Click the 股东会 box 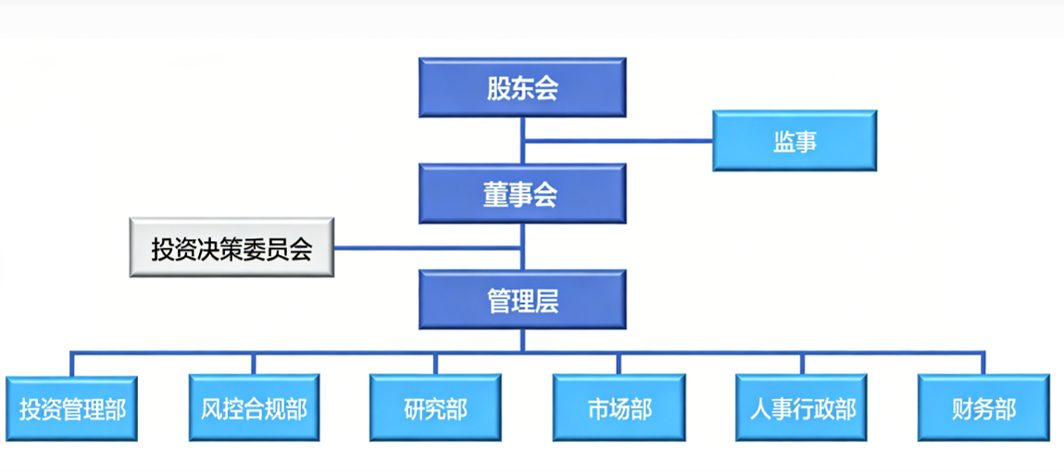[x=522, y=87]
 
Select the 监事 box [x=794, y=141]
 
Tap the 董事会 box [x=522, y=194]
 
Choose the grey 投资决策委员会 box [x=232, y=249]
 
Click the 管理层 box [x=522, y=300]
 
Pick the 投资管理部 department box [x=72, y=408]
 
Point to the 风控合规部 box [x=254, y=408]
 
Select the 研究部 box [x=435, y=408]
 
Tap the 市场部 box [x=619, y=408]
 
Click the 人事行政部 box [x=802, y=408]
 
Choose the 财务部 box [x=983, y=408]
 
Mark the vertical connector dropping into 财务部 [x=983, y=364]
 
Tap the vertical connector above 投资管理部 [x=72, y=364]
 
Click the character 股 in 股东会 [x=499, y=88]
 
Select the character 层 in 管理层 [x=547, y=300]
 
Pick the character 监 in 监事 [x=783, y=142]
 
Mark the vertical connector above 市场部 [x=619, y=364]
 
